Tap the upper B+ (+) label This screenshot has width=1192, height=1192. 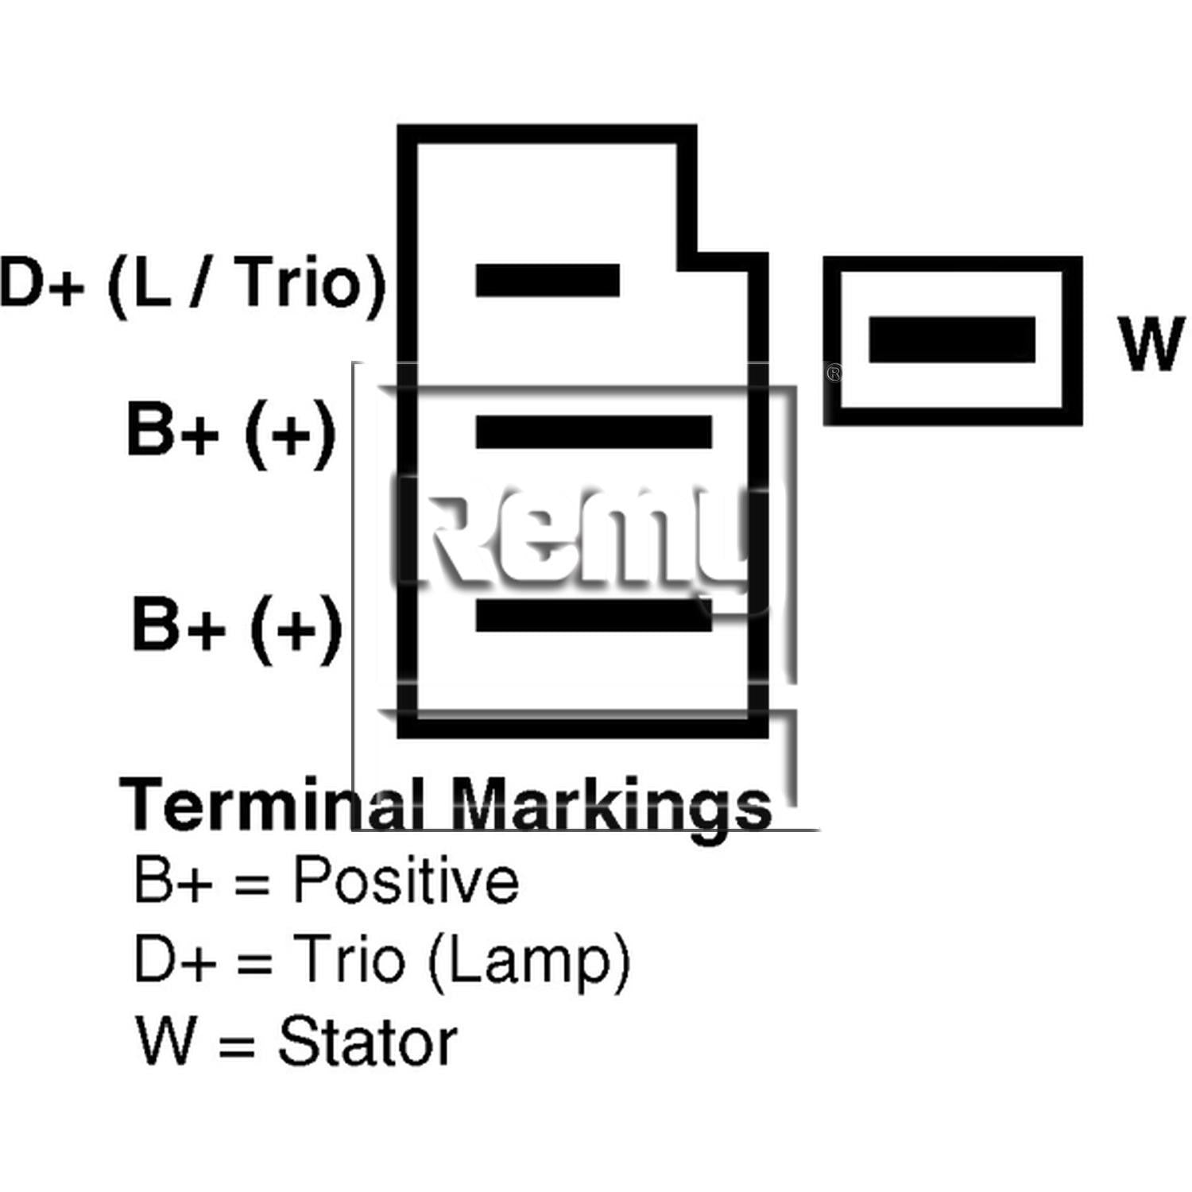tap(231, 433)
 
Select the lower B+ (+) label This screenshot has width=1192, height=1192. tap(237, 628)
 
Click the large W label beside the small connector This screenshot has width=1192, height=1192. tap(1151, 343)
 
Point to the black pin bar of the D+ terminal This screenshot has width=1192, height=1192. tap(548, 281)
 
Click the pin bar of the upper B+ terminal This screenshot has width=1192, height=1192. tap(594, 432)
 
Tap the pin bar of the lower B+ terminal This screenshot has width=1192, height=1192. tap(594, 615)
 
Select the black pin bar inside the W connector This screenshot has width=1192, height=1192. tap(952, 339)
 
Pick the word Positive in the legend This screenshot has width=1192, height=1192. tap(406, 880)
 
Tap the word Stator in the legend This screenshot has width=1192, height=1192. tap(367, 1041)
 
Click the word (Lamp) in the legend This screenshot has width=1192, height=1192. tap(529, 962)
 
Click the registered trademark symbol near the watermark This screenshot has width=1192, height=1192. tap(834, 373)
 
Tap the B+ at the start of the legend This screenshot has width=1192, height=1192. tap(173, 880)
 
